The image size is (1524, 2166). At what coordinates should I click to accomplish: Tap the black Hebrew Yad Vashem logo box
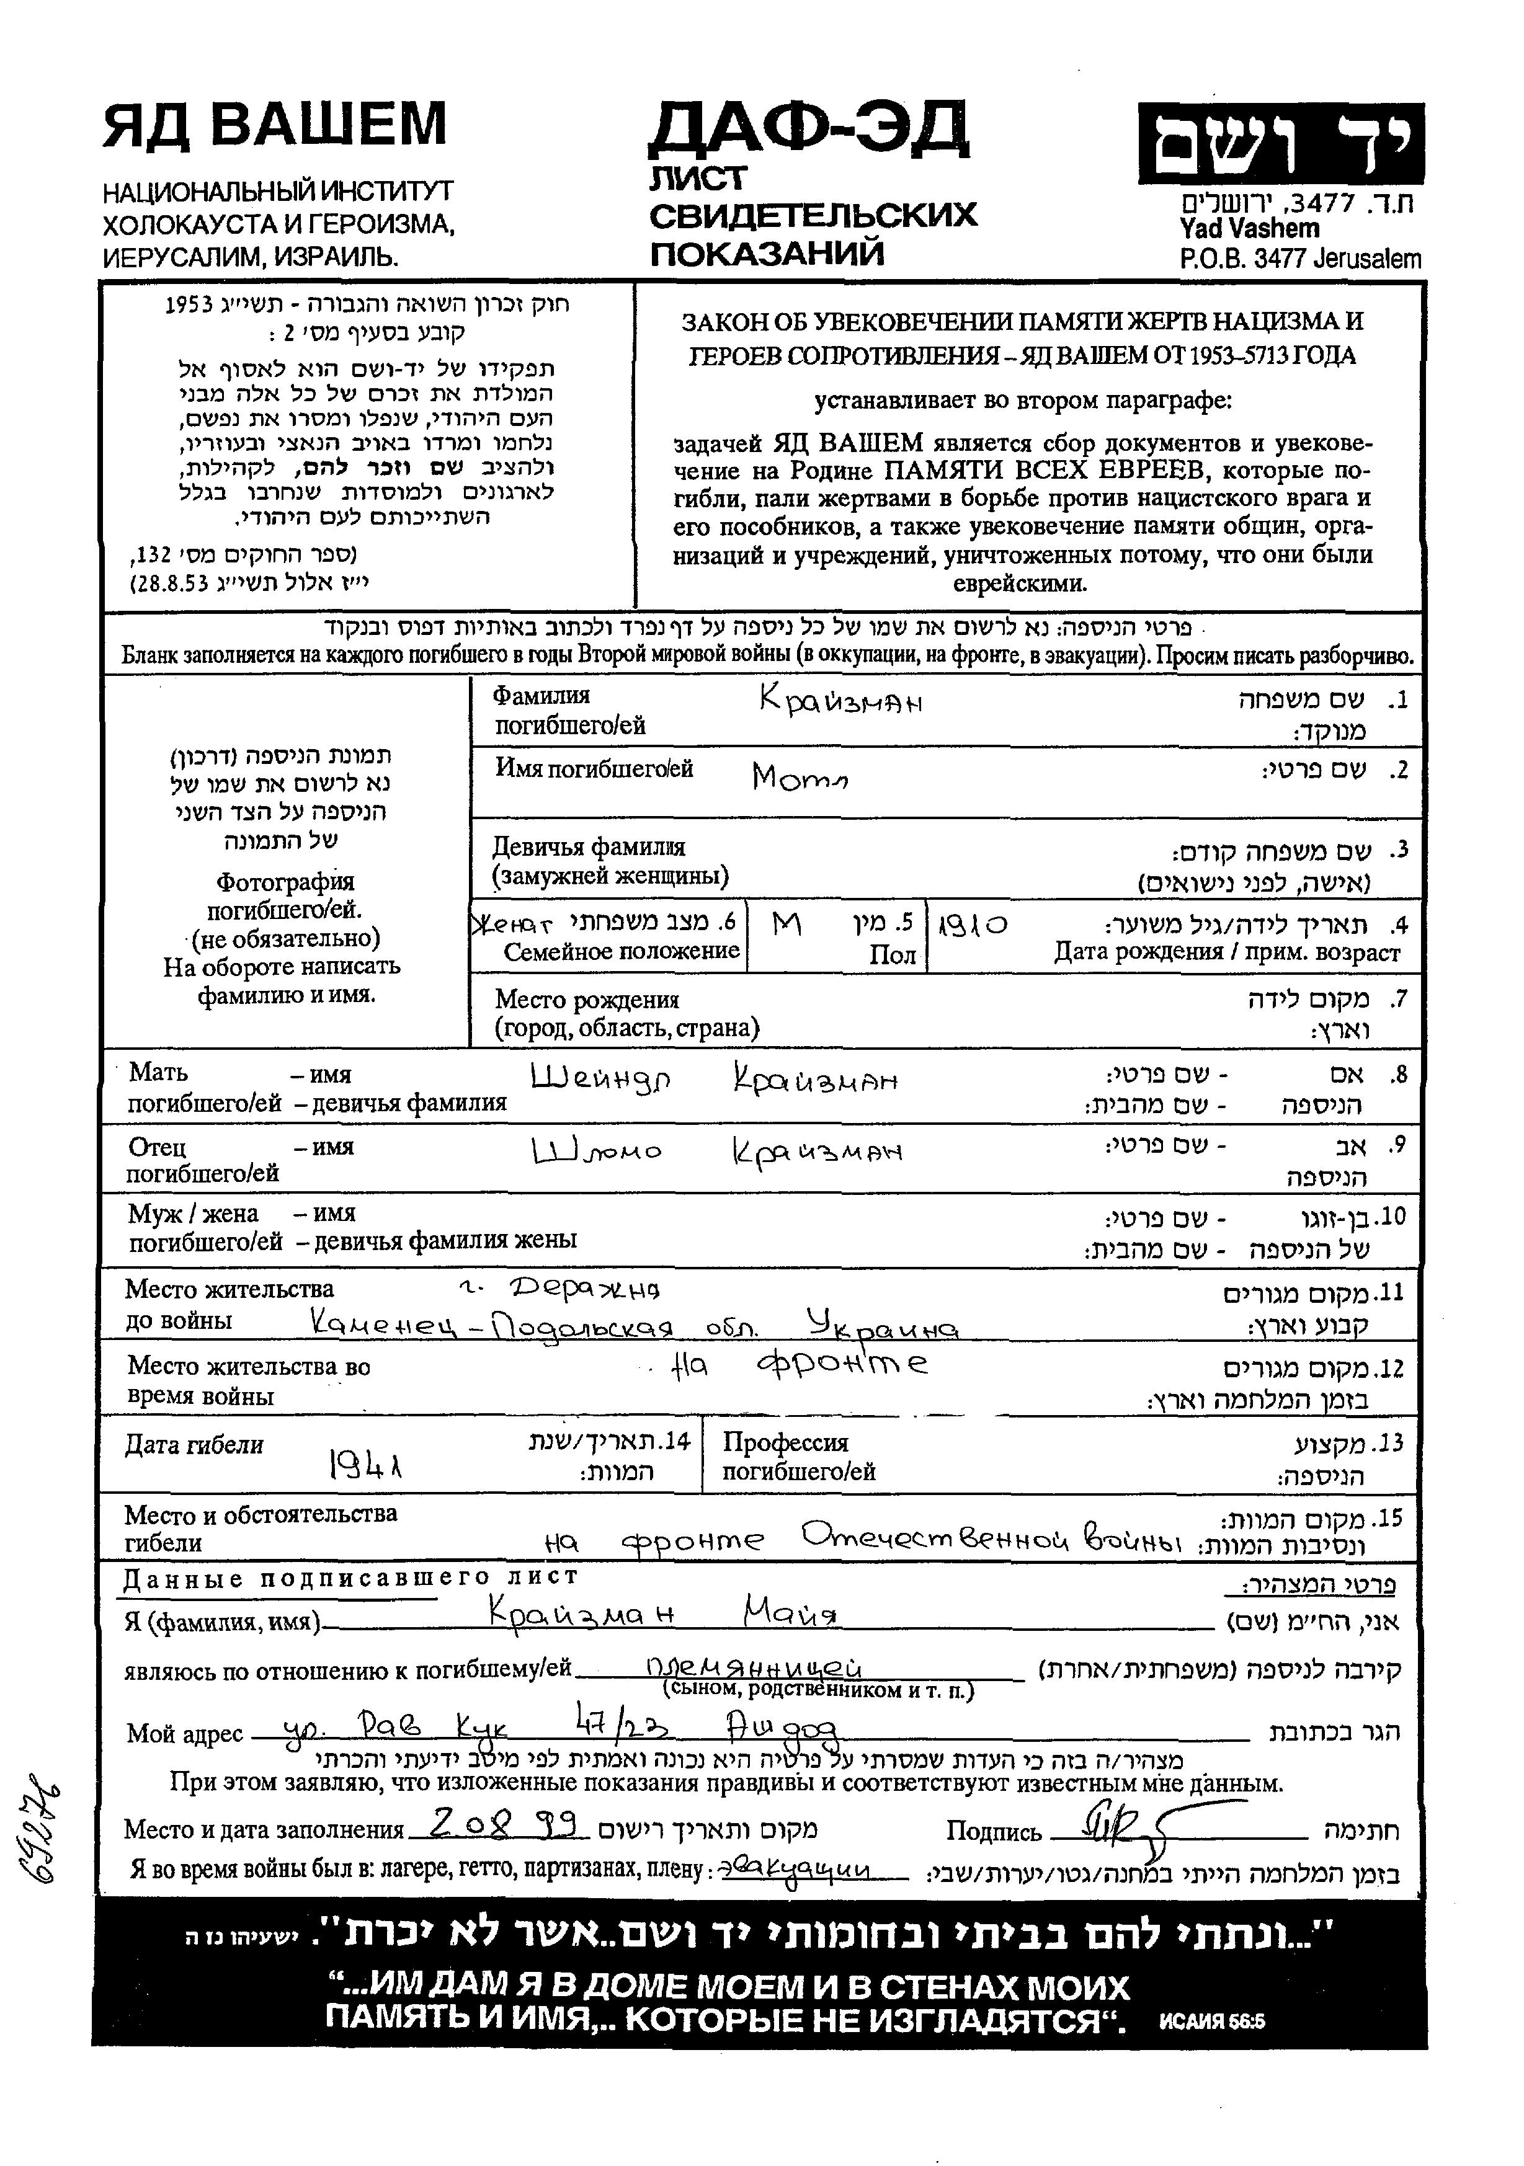[1280, 143]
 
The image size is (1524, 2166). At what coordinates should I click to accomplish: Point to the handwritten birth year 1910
[972, 925]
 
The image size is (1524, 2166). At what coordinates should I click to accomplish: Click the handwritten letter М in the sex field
[786, 925]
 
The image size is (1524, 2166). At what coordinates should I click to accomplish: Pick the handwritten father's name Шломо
[597, 1151]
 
